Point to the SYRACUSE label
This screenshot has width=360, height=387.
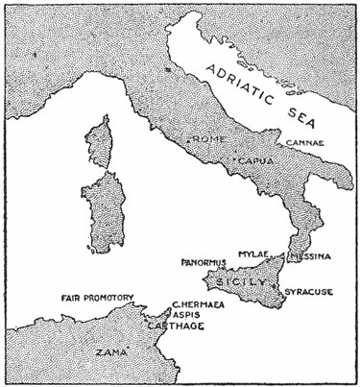point(309,289)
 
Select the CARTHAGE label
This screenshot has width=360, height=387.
point(178,326)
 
